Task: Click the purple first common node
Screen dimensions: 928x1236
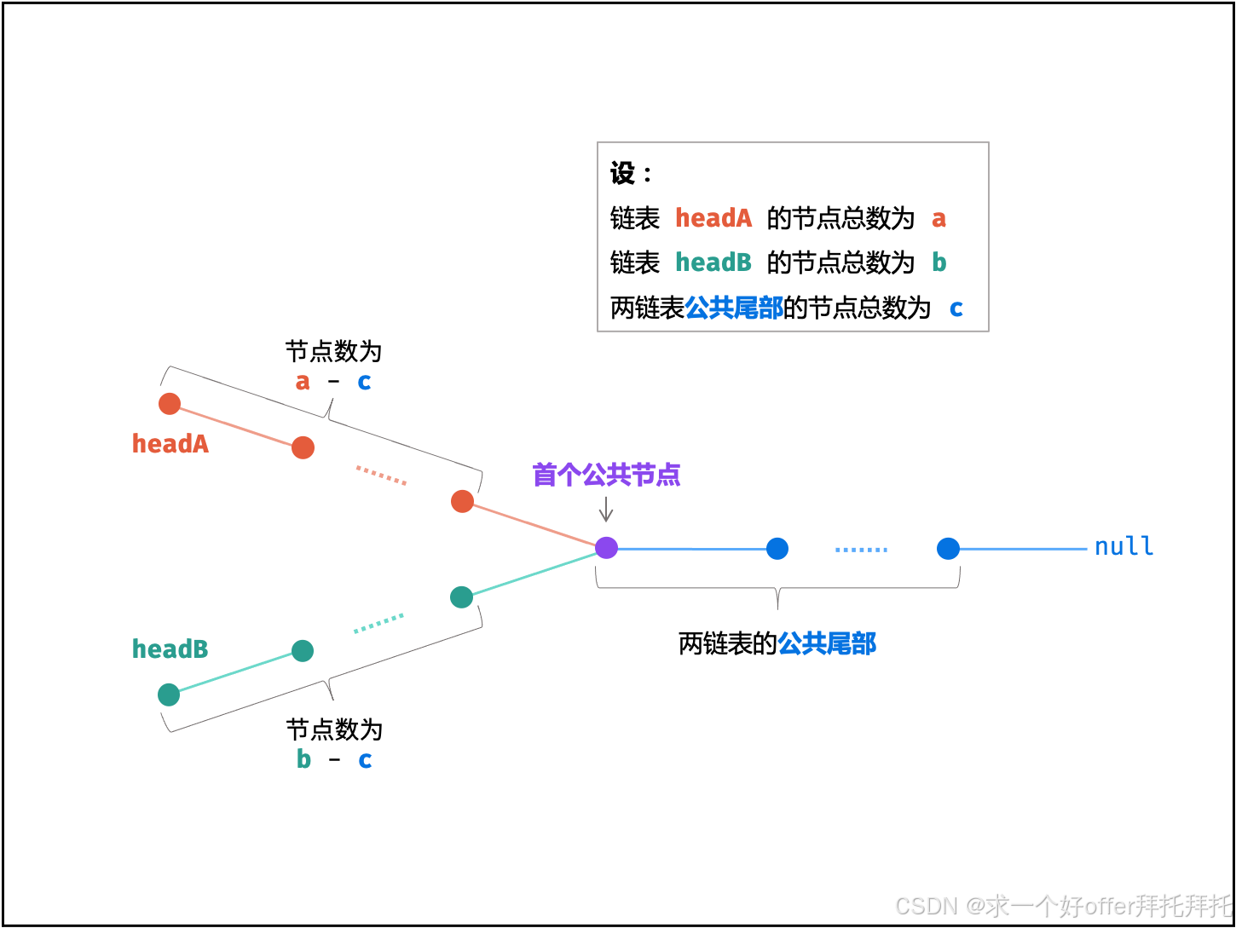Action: coord(606,547)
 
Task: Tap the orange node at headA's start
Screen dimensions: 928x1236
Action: coord(170,404)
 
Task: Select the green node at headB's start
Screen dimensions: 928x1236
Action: coord(169,695)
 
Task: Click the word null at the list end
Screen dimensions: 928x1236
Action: coord(1123,546)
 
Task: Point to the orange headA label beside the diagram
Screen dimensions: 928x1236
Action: coord(170,444)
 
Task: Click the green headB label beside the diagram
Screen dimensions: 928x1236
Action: coord(170,649)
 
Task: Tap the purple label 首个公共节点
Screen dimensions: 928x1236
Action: coord(606,475)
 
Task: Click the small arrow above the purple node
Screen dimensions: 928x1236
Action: coord(606,510)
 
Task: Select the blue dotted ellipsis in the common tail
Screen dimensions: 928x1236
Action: coord(861,550)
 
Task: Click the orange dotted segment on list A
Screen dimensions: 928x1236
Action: coord(381,476)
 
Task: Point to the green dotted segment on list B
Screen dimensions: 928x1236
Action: coord(378,624)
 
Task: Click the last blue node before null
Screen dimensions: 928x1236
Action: coord(948,549)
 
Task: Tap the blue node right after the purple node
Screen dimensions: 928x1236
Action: coord(777,549)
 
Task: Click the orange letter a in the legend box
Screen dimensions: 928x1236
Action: coord(939,219)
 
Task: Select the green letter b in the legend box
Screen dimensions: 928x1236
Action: coord(939,263)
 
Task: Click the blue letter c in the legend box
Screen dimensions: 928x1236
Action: coord(956,308)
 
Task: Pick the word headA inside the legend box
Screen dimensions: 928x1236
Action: coord(713,219)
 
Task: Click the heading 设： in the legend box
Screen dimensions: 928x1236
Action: coord(631,174)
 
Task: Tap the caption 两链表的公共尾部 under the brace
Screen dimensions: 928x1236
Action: coord(777,643)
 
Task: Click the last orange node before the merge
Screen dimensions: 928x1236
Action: coord(462,501)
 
